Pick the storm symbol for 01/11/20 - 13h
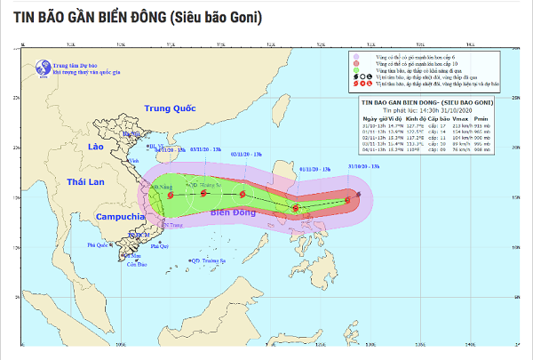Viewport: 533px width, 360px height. [296, 209]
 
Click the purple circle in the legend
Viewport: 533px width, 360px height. [356, 57]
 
